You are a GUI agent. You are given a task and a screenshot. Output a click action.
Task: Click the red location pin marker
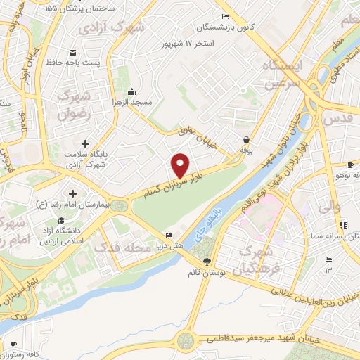(181, 165)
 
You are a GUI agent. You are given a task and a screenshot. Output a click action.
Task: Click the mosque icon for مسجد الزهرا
(131, 91)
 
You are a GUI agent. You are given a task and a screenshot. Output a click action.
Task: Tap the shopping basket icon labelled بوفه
(246, 139)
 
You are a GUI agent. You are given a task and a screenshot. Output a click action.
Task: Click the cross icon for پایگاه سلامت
(86, 144)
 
